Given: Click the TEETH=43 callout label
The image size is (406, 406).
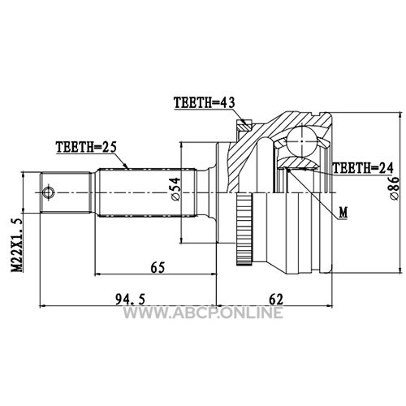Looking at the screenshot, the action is point(205,103).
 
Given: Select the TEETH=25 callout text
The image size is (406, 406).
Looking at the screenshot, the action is point(86,147).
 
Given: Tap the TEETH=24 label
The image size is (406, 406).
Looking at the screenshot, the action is point(363,168).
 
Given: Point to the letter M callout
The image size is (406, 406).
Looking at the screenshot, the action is point(343,213).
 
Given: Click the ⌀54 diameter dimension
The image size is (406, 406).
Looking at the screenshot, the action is point(175,189).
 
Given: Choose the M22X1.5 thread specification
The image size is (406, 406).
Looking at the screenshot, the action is point(16,244).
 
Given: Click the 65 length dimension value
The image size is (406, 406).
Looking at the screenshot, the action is point(158,267).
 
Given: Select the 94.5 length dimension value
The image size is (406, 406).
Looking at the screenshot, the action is point(130,300).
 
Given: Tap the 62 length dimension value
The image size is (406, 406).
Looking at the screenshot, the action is point(276,300).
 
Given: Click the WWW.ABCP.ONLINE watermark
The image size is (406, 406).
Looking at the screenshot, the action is point(203,313).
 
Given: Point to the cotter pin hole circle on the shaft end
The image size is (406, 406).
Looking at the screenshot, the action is point(49,192).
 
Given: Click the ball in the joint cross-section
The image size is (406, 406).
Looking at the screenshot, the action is point(302,141).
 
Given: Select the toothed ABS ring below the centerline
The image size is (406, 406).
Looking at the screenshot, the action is point(244,229).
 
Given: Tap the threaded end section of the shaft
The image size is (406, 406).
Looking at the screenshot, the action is point(66,192).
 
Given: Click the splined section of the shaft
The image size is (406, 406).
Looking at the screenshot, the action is point(146,192).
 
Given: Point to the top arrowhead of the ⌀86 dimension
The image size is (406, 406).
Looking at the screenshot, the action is point(400,116).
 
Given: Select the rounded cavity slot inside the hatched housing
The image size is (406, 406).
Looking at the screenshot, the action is point(265,164).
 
